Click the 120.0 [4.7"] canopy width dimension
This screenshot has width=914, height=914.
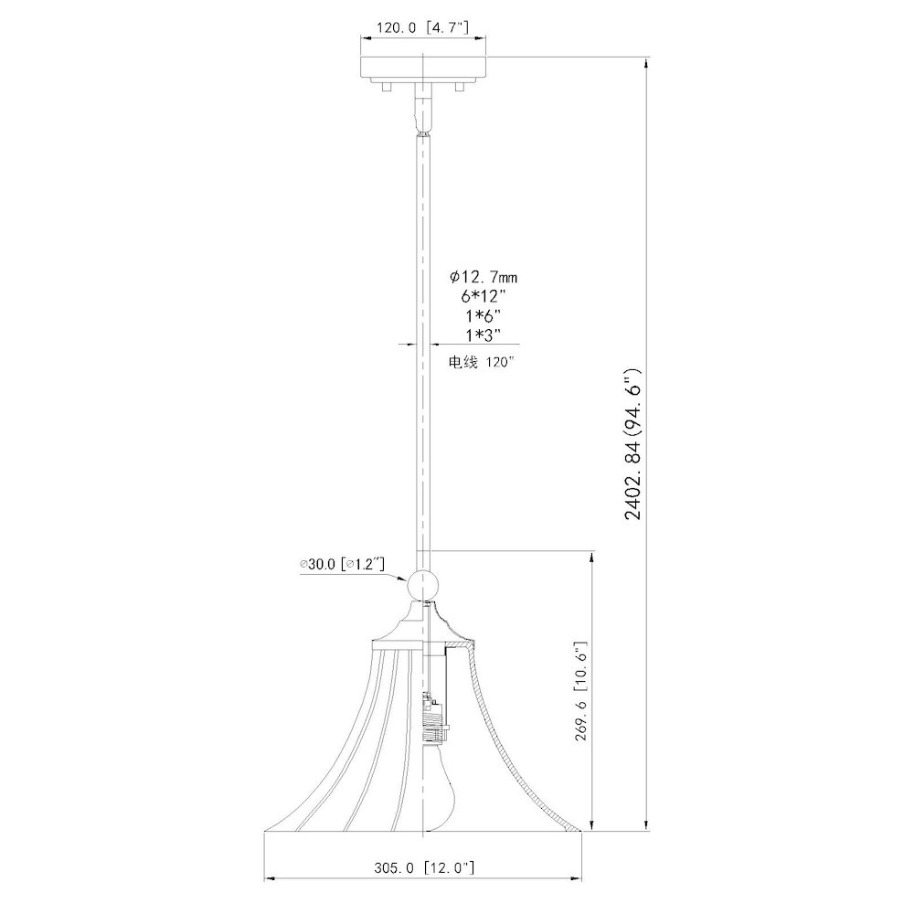coord(422,27)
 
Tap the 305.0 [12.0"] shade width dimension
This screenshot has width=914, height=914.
coord(424,868)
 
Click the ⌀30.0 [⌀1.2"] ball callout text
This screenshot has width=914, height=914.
coord(342,564)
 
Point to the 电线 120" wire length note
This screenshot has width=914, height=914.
coord(482,362)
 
